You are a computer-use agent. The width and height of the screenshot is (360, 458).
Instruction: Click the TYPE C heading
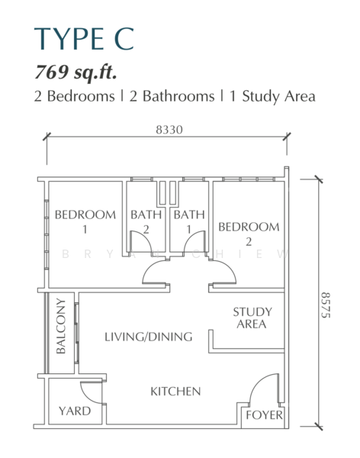tap(84, 39)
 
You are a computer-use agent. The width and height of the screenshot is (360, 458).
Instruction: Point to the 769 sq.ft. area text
tap(76, 72)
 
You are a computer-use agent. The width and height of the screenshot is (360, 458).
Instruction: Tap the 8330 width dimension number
tap(169, 130)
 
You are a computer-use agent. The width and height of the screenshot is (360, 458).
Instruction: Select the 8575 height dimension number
tap(326, 305)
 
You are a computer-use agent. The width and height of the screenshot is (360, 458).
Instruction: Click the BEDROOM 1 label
tap(85, 221)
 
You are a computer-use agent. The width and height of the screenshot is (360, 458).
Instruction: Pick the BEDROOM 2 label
tap(249, 234)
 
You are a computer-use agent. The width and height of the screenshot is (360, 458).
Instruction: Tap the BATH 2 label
tap(146, 221)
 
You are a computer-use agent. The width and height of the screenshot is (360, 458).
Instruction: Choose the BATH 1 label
tap(189, 221)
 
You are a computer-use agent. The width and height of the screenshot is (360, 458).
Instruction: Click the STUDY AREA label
tap(252, 318)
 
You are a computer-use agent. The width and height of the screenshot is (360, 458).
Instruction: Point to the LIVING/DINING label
tap(149, 337)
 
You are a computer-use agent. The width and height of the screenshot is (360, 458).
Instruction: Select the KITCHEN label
tap(175, 392)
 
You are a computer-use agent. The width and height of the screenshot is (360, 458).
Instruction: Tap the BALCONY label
tap(61, 326)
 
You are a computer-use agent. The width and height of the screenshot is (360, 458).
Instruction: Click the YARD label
tap(75, 411)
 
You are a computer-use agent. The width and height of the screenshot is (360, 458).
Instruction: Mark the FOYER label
tap(264, 415)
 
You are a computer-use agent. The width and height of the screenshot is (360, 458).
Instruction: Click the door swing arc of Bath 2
tap(146, 237)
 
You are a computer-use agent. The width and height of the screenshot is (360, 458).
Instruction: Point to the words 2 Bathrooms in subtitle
tap(172, 96)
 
